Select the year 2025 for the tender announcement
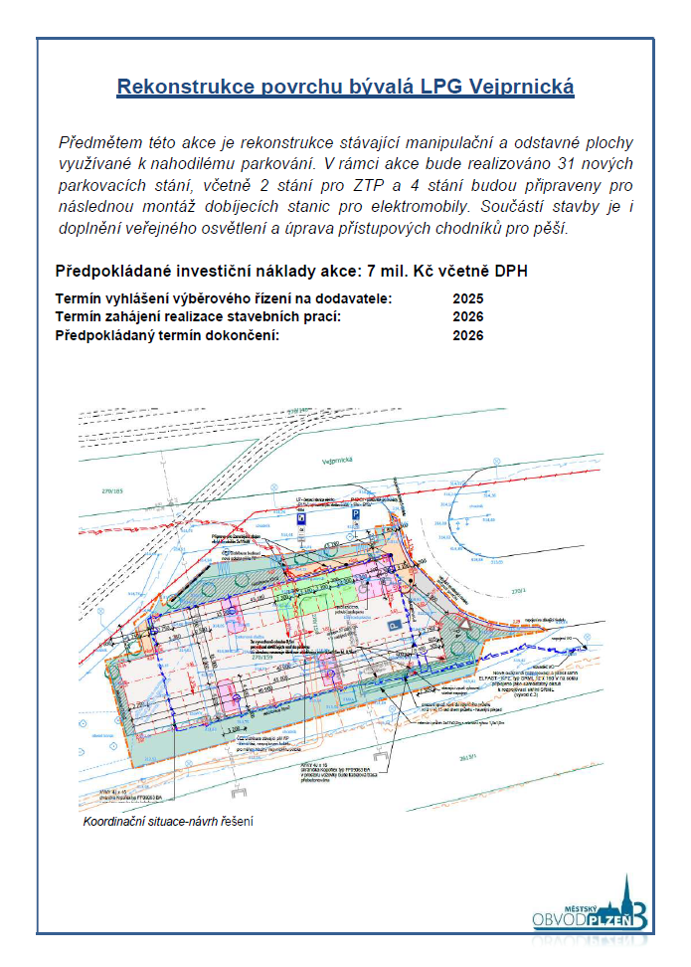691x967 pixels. point(467,298)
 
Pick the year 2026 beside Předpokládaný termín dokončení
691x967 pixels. point(467,335)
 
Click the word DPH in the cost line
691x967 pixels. point(507,271)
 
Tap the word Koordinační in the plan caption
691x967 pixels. point(110,822)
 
